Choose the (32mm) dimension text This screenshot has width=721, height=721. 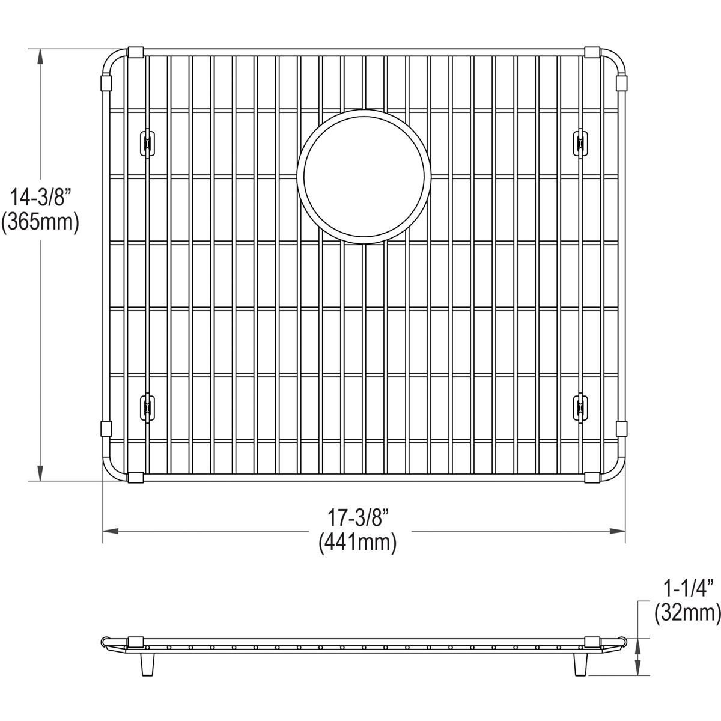[x=687, y=613]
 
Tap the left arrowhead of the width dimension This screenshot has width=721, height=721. [x=109, y=531]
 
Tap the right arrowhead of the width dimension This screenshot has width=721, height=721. [x=619, y=531]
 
